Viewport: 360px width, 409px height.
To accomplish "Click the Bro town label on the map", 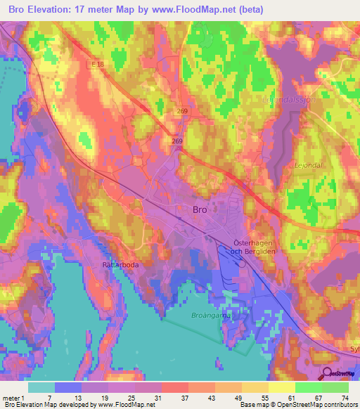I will [200, 209].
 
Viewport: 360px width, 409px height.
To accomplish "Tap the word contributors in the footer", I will [339, 405].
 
